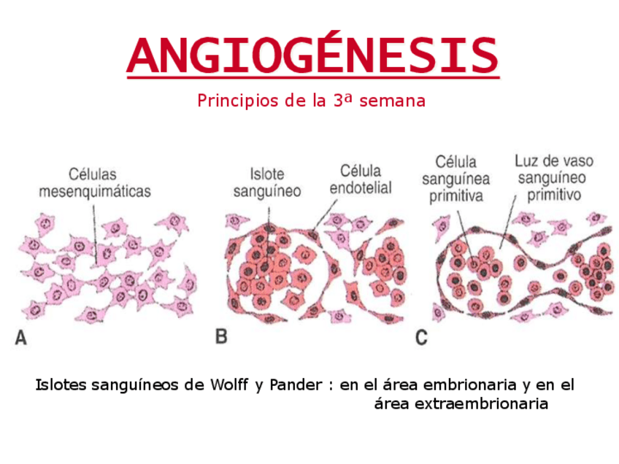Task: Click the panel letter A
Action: coord(22,338)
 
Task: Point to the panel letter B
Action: coord(222,337)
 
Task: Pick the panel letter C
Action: coord(421,337)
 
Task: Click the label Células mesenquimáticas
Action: coord(94,183)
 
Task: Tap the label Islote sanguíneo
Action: coord(266,182)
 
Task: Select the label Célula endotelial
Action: coord(361,179)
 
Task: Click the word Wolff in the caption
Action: coord(230,384)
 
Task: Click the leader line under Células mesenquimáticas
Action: coord(94,226)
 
